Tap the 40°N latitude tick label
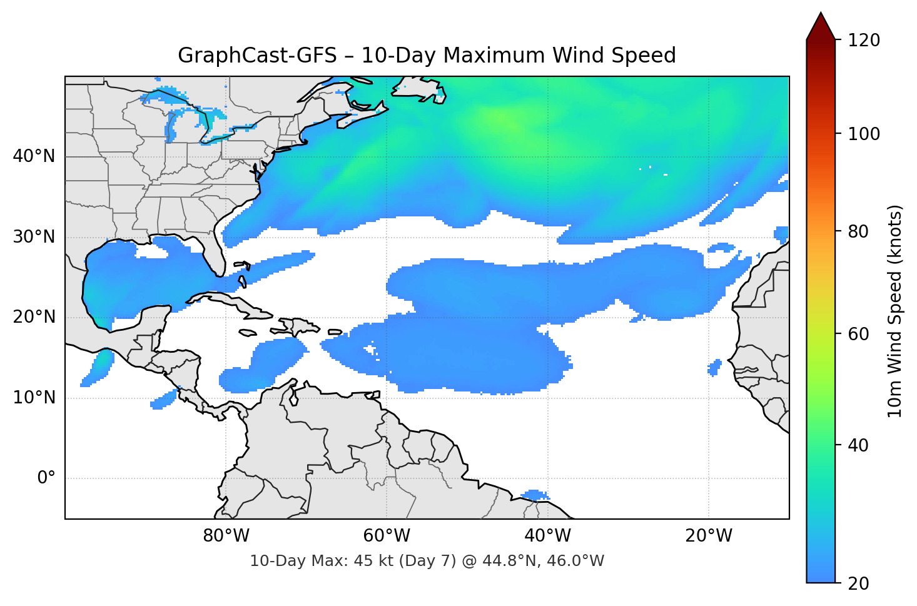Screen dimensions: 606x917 (x=34, y=156)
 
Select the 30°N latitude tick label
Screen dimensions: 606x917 (x=34, y=237)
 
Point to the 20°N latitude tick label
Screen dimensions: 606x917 (x=34, y=317)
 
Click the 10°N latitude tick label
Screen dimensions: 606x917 (x=34, y=398)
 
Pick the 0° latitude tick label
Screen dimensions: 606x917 (x=46, y=478)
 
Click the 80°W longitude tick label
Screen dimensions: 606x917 (x=226, y=536)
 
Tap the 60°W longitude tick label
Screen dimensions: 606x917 (x=387, y=536)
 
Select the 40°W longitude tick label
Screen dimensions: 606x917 (x=547, y=536)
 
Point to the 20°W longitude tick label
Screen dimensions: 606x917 (x=708, y=536)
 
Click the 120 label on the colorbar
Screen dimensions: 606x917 (x=864, y=41)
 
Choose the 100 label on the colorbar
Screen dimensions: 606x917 (x=864, y=134)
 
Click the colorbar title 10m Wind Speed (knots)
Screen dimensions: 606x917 (x=895, y=311)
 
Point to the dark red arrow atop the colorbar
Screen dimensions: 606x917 (x=821, y=27)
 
